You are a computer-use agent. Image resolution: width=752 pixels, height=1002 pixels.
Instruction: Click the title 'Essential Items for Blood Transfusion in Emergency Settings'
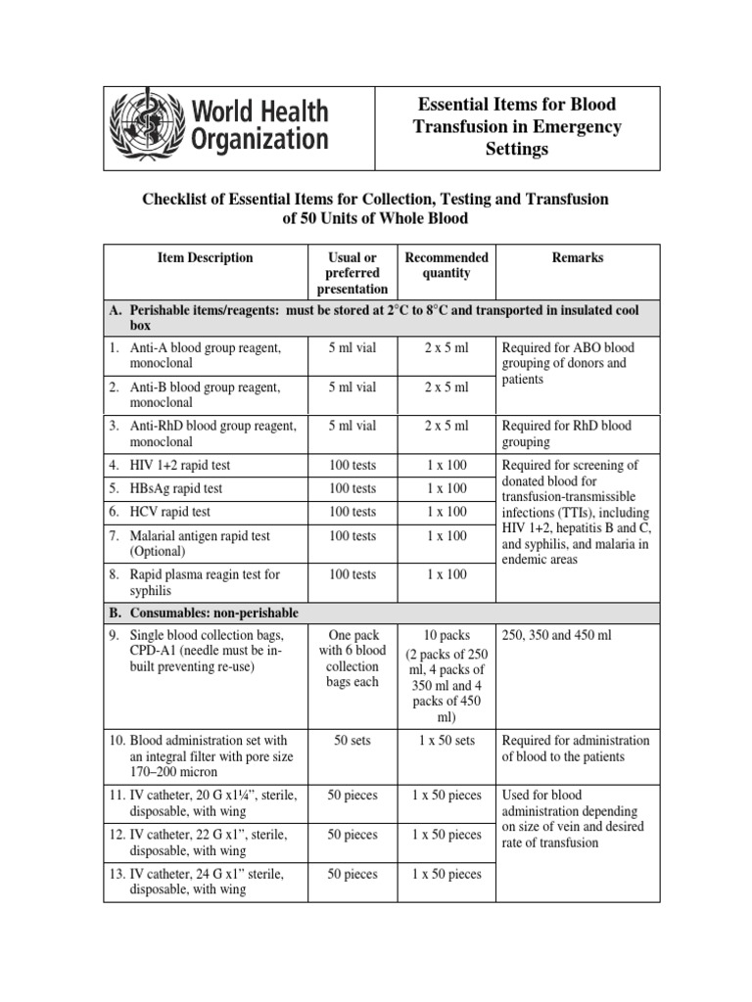pyautogui.click(x=517, y=126)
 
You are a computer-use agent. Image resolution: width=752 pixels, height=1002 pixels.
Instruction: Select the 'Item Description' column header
pyautogui.click(x=205, y=258)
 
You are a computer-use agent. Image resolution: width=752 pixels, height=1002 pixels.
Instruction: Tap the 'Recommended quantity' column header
pyautogui.click(x=446, y=266)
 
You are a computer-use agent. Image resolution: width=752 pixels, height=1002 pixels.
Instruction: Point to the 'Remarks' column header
pyautogui.click(x=578, y=258)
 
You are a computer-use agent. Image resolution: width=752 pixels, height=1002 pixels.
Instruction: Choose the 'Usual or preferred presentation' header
pyautogui.click(x=352, y=274)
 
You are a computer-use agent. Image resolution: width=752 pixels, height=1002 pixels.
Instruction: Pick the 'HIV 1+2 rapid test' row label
pyautogui.click(x=180, y=465)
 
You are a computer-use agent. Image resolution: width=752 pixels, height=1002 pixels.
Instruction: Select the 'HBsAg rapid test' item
pyautogui.click(x=176, y=488)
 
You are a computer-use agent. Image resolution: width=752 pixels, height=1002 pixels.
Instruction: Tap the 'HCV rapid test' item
pyautogui.click(x=170, y=512)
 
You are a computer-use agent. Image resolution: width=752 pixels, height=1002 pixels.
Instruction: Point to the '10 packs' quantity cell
pyautogui.click(x=446, y=635)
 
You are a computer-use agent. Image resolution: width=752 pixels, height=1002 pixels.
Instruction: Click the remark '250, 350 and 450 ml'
pyautogui.click(x=556, y=635)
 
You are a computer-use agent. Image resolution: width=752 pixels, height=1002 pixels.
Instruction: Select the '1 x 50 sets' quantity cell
pyautogui.click(x=446, y=741)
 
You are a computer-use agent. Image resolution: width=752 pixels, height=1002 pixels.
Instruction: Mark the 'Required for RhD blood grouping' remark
pyautogui.click(x=568, y=433)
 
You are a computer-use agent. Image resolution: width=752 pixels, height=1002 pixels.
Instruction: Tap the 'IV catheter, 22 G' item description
pyautogui.click(x=207, y=843)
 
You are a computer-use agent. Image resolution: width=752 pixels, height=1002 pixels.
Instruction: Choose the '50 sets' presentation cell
pyautogui.click(x=352, y=741)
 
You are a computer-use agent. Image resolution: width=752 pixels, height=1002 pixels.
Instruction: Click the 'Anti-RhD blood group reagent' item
pyautogui.click(x=205, y=433)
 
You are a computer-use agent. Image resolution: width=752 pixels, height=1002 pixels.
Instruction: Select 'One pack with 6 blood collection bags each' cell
pyautogui.click(x=352, y=659)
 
